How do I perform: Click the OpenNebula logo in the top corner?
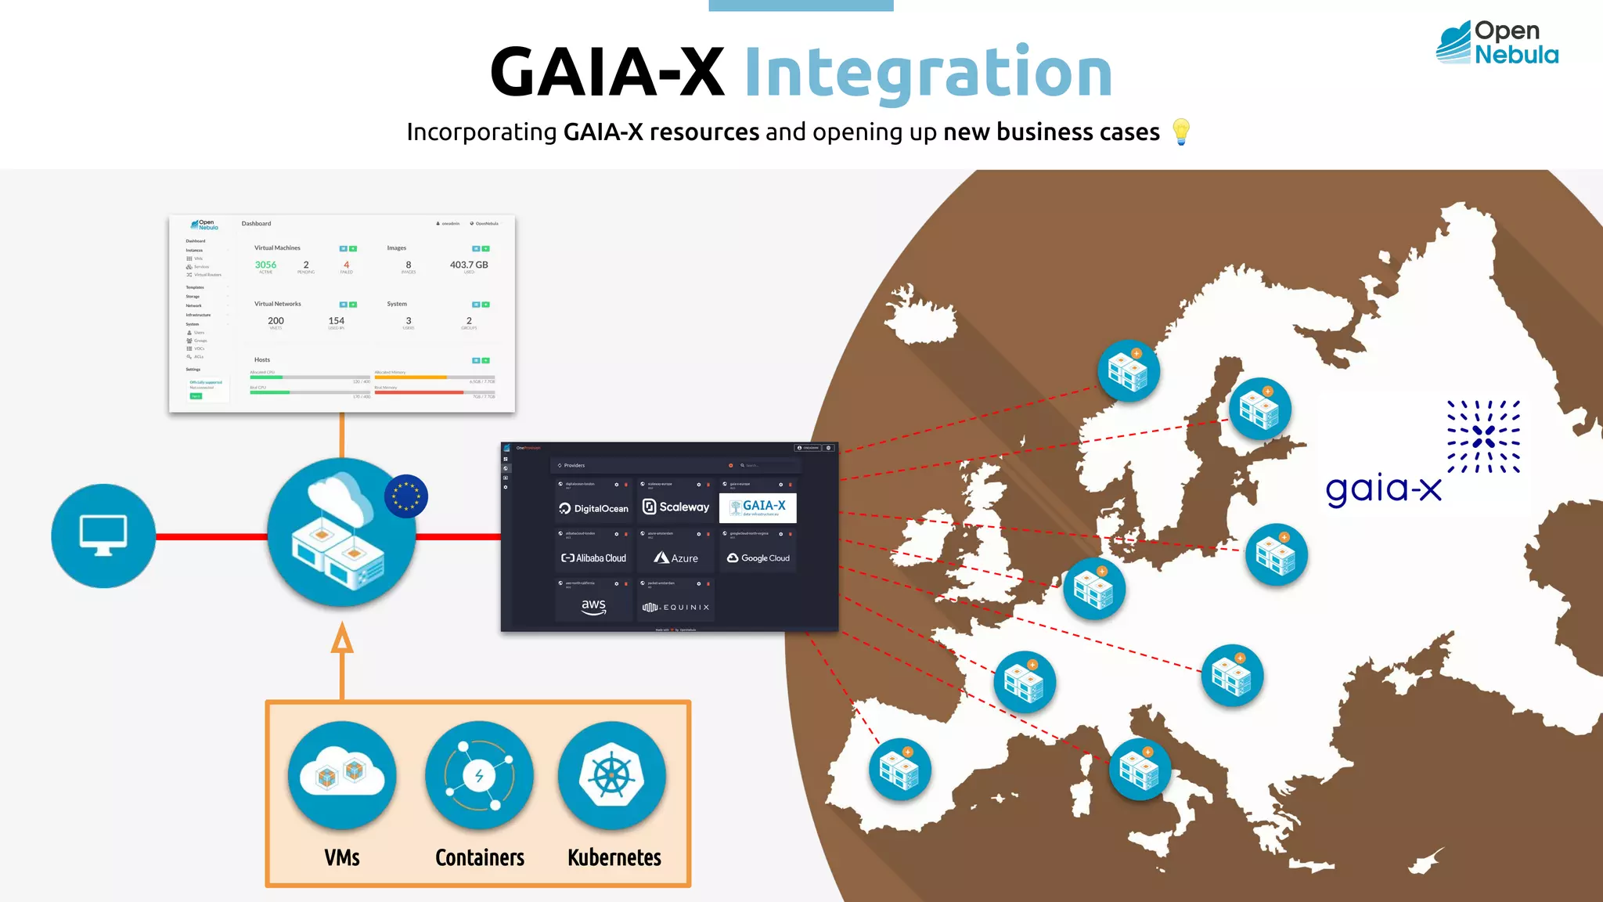click(x=1497, y=43)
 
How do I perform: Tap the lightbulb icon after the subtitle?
click(x=1180, y=132)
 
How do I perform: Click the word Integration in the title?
click(x=928, y=73)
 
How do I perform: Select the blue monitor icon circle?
click(x=103, y=536)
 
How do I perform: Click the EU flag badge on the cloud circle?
click(x=405, y=496)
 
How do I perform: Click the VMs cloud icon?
click(x=342, y=774)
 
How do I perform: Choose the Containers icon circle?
click(x=479, y=774)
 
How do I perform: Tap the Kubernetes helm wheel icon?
click(x=612, y=774)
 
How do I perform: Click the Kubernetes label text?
click(x=614, y=857)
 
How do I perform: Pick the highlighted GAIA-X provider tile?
click(x=758, y=507)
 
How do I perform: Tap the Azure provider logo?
click(x=675, y=557)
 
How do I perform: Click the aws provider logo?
click(x=593, y=606)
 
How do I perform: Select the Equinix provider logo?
click(x=675, y=607)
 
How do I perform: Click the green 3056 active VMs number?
click(x=265, y=265)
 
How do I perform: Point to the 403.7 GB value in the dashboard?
click(x=468, y=265)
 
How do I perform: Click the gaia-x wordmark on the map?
click(x=1383, y=489)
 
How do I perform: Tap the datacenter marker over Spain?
click(x=899, y=769)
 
